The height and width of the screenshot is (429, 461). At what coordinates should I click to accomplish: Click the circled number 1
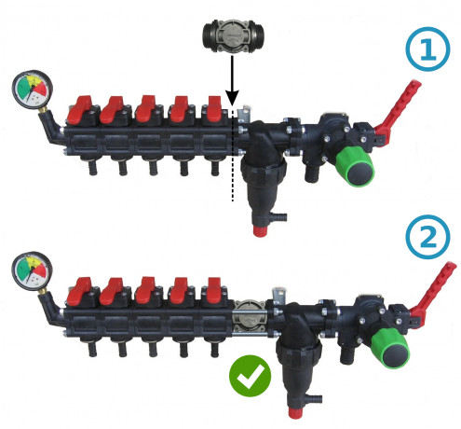coord(427,49)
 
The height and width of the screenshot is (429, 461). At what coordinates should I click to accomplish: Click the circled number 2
coord(427,237)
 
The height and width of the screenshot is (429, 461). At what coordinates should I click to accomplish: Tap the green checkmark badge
coord(250,376)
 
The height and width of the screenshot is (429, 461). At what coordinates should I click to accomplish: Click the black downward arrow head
coord(232,97)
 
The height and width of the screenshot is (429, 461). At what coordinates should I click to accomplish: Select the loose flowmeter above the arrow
coord(233,35)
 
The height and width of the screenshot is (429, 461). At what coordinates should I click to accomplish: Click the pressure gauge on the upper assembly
coord(32,89)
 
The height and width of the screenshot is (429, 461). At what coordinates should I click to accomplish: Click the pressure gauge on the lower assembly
coord(32,270)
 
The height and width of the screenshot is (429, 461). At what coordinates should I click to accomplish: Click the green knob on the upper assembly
coord(356,166)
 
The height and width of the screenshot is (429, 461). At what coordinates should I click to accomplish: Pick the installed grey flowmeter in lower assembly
coord(250,317)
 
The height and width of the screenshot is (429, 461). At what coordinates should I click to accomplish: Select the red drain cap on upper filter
coord(259,231)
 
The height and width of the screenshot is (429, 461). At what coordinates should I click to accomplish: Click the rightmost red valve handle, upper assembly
coord(213,109)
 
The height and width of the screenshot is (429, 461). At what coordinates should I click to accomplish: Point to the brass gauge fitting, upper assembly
coord(43,110)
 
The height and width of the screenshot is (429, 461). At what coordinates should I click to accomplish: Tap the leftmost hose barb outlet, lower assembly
coord(92,349)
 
